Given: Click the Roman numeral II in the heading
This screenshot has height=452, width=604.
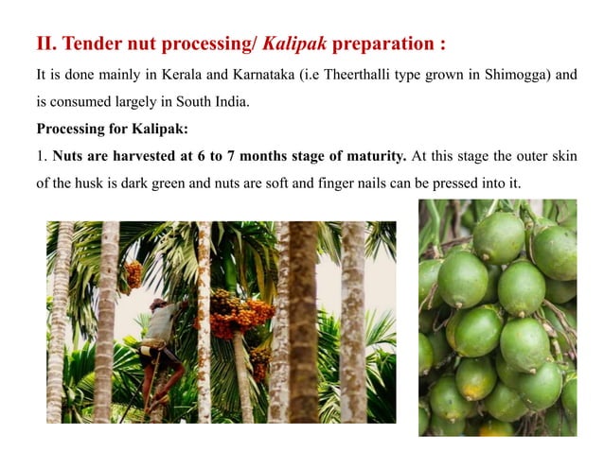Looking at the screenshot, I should tap(45, 44).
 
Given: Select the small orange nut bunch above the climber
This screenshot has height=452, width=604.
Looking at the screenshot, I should tap(133, 274).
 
